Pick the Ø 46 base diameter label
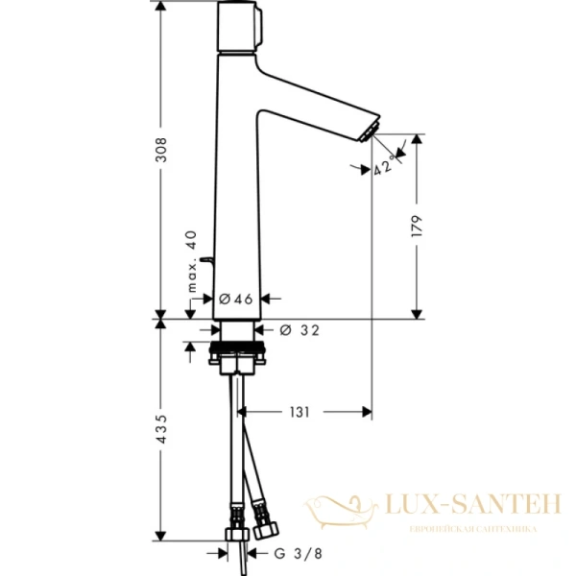(235, 299)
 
